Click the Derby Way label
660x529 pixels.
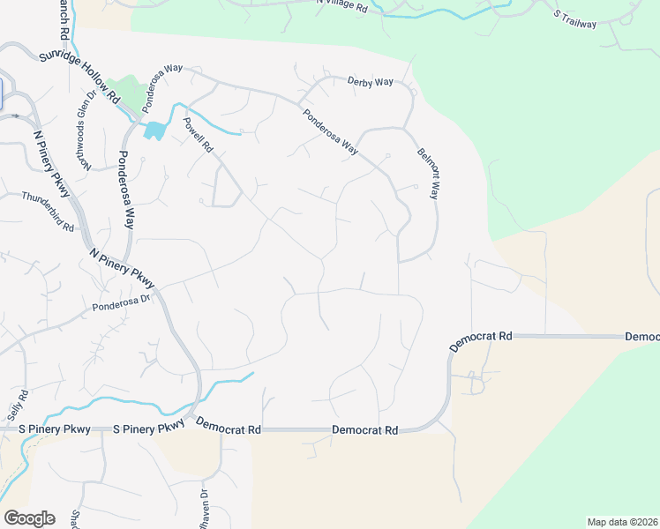point(370,82)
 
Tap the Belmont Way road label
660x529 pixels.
point(428,174)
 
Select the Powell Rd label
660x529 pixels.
point(199,136)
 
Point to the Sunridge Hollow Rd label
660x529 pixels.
point(79,78)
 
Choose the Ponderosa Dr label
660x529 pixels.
point(123,302)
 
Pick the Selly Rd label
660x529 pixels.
point(17,405)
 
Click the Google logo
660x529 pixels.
point(29,518)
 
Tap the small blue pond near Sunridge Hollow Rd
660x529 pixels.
point(154,130)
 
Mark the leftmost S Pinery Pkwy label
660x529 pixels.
point(56,429)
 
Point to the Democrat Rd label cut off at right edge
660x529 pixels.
point(642,337)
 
